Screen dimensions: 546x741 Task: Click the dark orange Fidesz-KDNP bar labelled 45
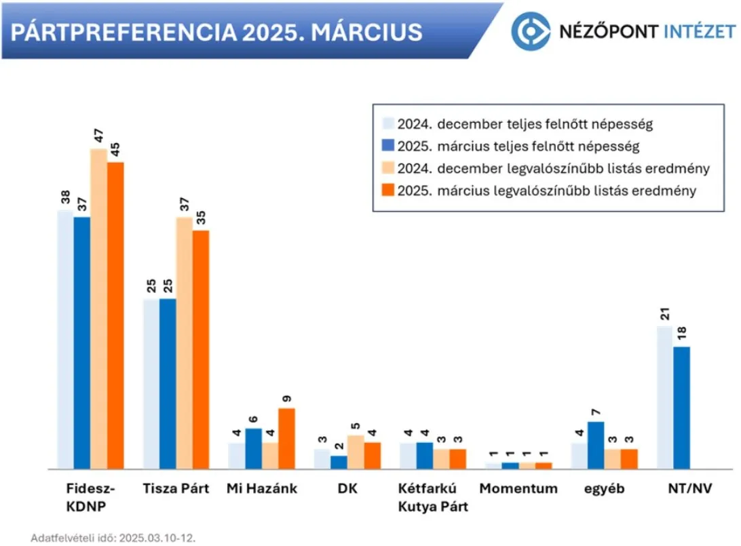pyautogui.click(x=116, y=315)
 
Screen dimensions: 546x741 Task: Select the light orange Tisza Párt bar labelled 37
pyautogui.click(x=185, y=343)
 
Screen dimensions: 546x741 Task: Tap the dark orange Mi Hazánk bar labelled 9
pyautogui.click(x=287, y=438)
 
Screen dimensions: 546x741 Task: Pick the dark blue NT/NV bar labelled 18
pyautogui.click(x=681, y=408)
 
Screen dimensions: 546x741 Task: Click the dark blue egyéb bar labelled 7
pyautogui.click(x=596, y=445)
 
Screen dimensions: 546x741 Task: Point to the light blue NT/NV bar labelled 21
pyautogui.click(x=664, y=397)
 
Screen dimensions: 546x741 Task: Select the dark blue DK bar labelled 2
pyautogui.click(x=339, y=462)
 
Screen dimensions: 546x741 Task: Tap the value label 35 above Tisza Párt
pyautogui.click(x=202, y=218)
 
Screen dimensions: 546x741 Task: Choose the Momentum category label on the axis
pyautogui.click(x=518, y=488)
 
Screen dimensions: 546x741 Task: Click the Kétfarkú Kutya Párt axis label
pyautogui.click(x=434, y=497)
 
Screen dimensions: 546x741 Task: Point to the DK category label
pyautogui.click(x=347, y=488)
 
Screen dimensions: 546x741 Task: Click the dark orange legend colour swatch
pyautogui.click(x=387, y=191)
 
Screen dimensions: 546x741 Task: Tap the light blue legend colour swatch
pyautogui.click(x=387, y=123)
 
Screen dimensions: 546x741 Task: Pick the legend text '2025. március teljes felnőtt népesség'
pyautogui.click(x=518, y=146)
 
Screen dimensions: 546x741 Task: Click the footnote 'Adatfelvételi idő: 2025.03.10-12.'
pyautogui.click(x=113, y=538)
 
